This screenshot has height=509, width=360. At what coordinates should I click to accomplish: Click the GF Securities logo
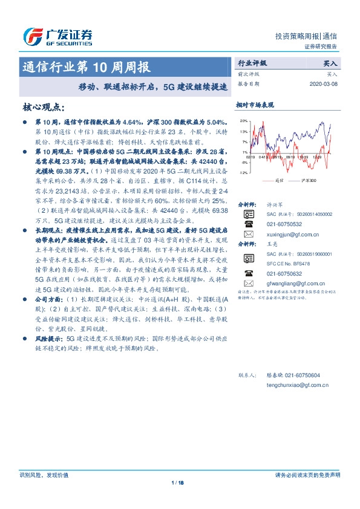(x=57, y=37)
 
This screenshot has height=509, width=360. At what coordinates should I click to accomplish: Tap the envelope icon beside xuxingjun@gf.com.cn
(x=247, y=233)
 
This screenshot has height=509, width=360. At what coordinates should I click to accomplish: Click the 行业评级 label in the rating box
(x=252, y=63)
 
